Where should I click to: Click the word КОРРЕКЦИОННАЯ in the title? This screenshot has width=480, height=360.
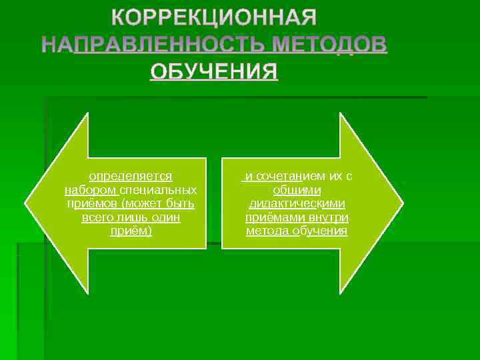pyautogui.click(x=213, y=17)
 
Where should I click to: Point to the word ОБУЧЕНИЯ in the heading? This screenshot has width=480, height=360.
pyautogui.click(x=213, y=71)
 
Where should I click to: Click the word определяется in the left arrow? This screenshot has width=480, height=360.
pyautogui.click(x=131, y=177)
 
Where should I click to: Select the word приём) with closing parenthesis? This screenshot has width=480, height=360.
pyautogui.click(x=131, y=231)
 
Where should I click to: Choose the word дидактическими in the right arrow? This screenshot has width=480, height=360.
pyautogui.click(x=297, y=204)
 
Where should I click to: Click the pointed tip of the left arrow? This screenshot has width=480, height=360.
pyautogui.click(x=26, y=203)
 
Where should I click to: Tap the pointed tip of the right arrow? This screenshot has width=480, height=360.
pyautogui.click(x=402, y=203)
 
